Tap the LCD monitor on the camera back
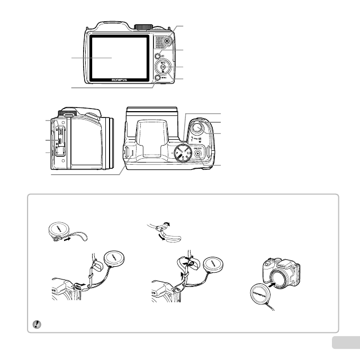click(x=120, y=55)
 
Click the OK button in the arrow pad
click(x=163, y=67)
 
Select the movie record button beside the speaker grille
click(x=167, y=41)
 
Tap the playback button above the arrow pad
click(x=158, y=55)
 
